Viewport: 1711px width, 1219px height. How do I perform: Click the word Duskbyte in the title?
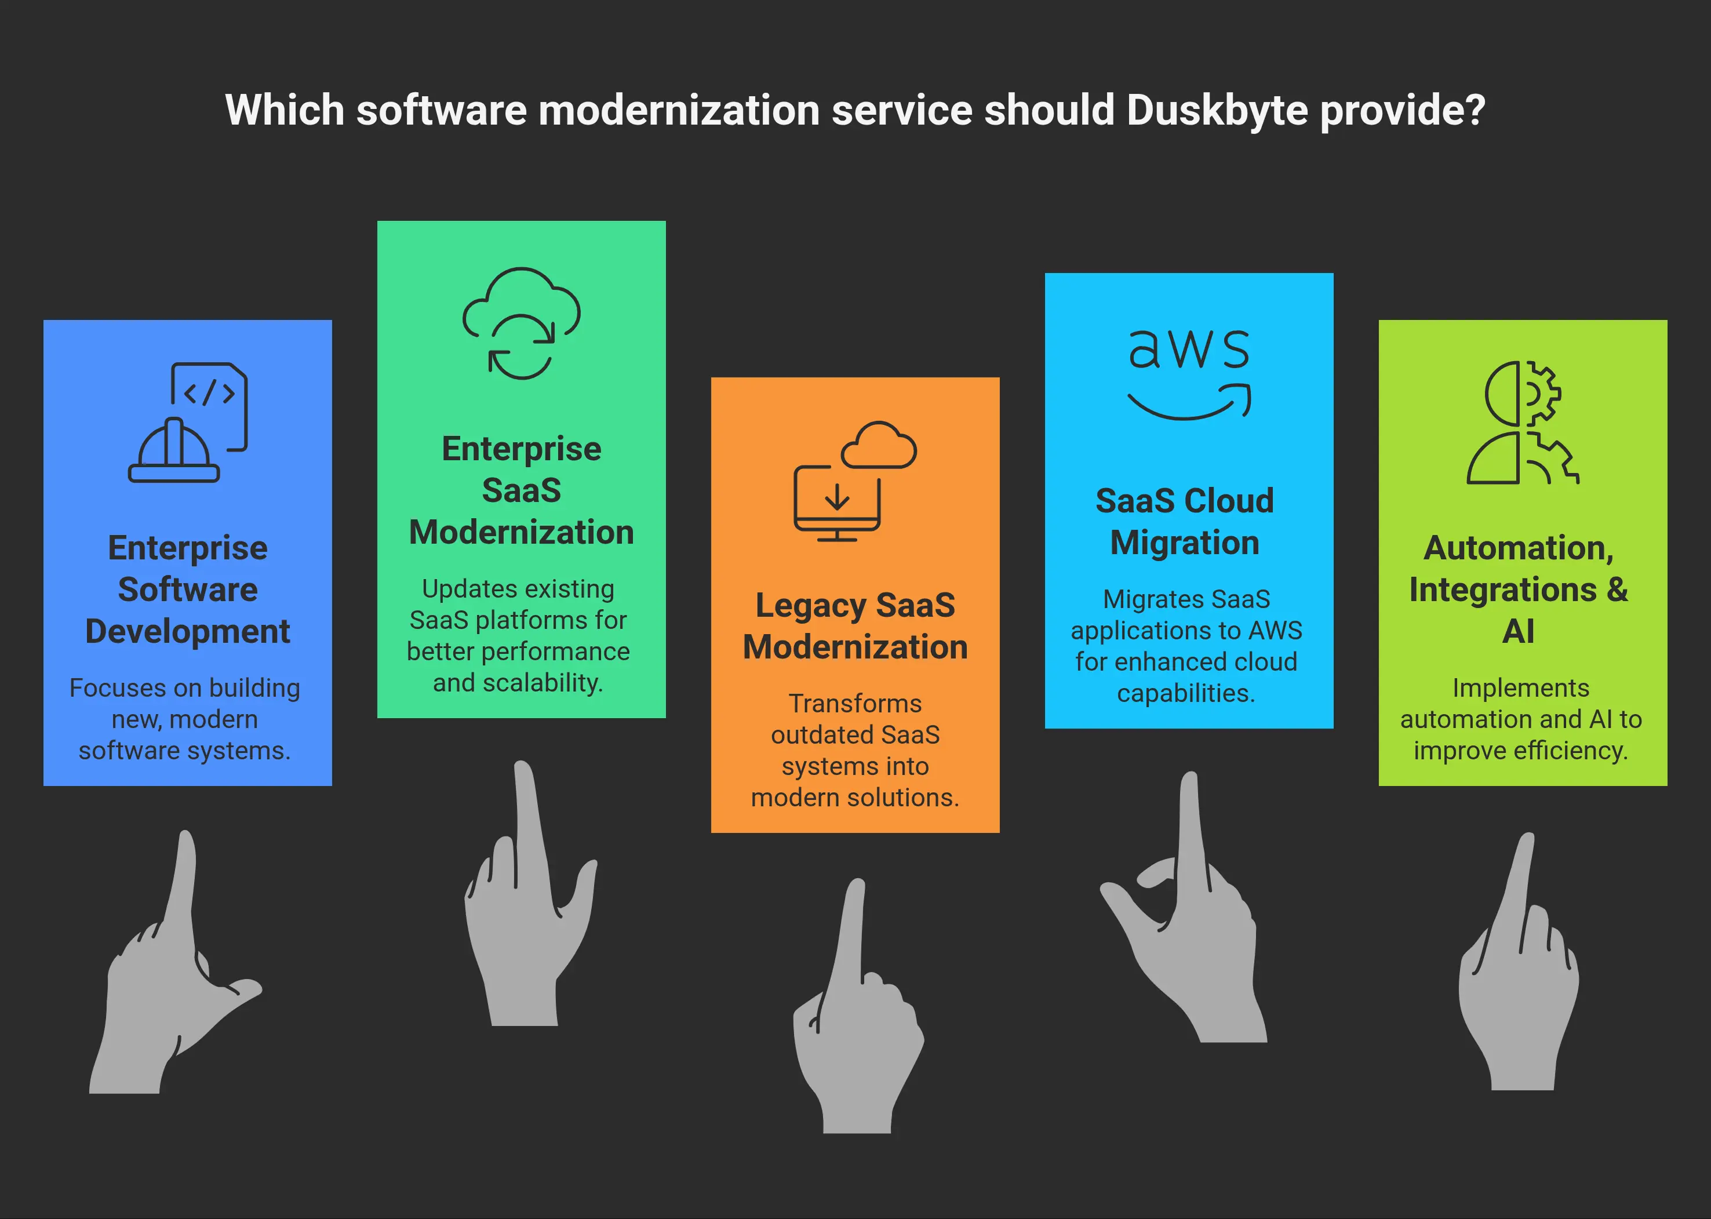pos(1217,110)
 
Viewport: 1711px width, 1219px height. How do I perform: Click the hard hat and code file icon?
pos(188,422)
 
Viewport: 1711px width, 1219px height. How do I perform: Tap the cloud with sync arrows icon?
pos(521,323)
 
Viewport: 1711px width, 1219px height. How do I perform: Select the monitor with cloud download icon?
pos(855,481)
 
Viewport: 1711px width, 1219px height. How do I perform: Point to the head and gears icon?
pos(1523,422)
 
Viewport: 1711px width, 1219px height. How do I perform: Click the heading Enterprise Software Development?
pos(188,590)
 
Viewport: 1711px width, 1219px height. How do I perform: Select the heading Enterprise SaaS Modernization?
pos(521,490)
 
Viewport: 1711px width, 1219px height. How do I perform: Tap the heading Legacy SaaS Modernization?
pos(855,625)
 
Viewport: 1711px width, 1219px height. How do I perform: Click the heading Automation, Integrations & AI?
pos(1519,590)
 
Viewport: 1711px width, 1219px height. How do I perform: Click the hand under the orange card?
pos(858,1006)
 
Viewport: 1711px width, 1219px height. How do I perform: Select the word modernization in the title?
pos(679,110)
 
